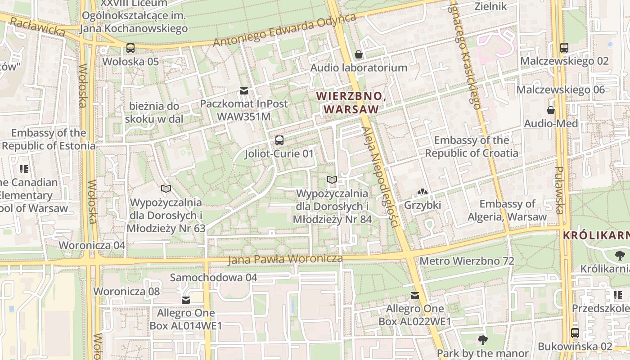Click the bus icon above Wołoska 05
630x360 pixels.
pos(130,48)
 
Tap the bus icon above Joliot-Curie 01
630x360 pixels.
pos(279,140)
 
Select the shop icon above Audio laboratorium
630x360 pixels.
pos(359,54)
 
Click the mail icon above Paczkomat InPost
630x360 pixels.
pos(244,91)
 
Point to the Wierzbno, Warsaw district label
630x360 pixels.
pos(351,103)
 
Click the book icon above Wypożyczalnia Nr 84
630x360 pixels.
pos(332,180)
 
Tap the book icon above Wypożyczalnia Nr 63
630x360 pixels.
pos(166,189)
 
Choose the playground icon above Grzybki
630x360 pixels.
pos(422,192)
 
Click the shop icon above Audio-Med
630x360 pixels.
pos(551,110)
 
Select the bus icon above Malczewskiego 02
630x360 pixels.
pos(564,48)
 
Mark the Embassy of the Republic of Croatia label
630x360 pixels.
pos(472,147)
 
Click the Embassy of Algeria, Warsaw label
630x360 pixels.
pos(507,210)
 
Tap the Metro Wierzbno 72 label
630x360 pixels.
pos(467,261)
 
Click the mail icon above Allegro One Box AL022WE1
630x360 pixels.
pos(415,296)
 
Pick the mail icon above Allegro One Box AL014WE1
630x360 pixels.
pos(186,300)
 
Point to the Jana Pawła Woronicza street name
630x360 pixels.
pos(285,259)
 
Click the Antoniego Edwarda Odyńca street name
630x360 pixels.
pos(284,30)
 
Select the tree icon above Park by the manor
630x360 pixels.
pos(483,340)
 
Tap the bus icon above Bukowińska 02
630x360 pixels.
pos(575,333)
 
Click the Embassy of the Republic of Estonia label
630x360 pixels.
pos(49,139)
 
